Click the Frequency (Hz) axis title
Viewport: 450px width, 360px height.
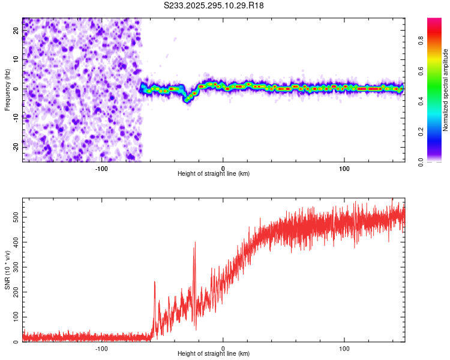tap(7, 89)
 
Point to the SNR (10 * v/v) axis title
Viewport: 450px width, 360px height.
tap(7, 269)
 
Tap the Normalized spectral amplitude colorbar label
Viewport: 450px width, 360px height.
tap(445, 90)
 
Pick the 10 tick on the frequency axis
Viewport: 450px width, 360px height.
tap(16, 60)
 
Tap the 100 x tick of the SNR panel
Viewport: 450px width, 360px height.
tap(344, 348)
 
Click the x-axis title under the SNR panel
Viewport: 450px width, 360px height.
tap(214, 354)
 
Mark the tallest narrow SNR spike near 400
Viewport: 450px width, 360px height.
tap(194, 243)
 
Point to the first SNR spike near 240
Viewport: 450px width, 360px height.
tap(155, 281)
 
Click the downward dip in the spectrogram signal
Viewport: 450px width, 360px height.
tap(187, 98)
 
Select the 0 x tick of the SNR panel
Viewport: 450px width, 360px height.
tap(223, 348)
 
